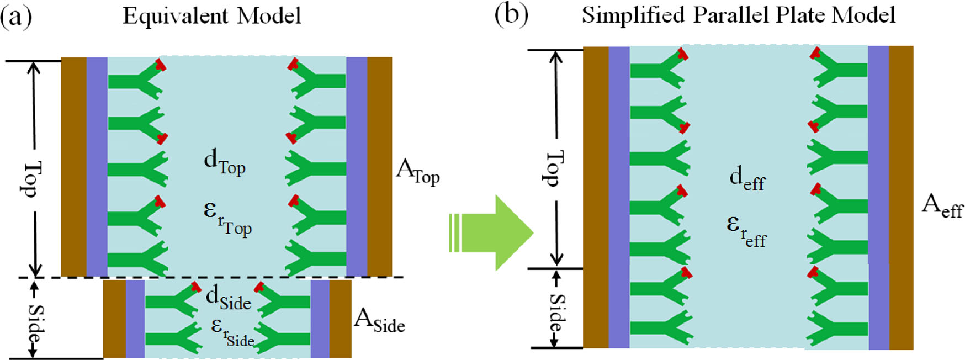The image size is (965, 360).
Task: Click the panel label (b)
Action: click(x=511, y=15)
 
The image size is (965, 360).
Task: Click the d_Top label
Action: click(x=224, y=162)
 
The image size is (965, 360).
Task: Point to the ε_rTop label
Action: click(x=227, y=219)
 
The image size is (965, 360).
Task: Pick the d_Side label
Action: click(x=228, y=298)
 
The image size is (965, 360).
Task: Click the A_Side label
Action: click(x=379, y=322)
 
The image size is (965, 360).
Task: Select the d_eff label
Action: click(x=747, y=179)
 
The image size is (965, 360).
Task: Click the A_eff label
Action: click(x=942, y=207)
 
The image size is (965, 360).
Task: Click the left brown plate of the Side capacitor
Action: click(x=114, y=319)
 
